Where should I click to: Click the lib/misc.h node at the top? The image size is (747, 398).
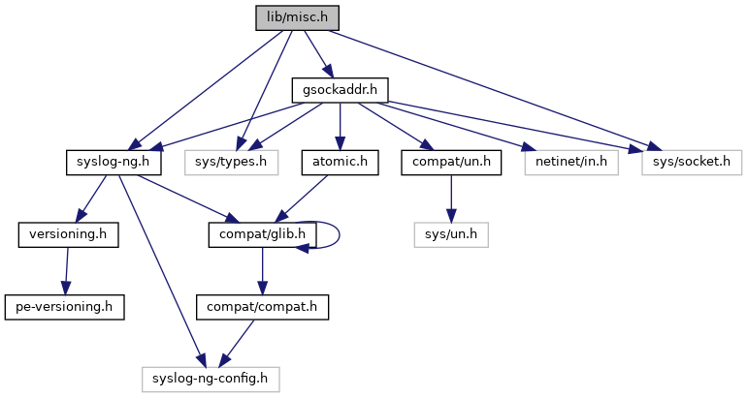[298, 17]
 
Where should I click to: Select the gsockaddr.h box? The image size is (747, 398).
[341, 91]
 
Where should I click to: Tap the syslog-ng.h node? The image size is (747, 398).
[112, 162]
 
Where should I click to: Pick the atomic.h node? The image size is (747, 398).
[340, 162]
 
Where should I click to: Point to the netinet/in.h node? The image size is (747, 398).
[571, 162]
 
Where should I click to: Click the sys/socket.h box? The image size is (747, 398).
[691, 162]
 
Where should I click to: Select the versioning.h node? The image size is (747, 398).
[68, 234]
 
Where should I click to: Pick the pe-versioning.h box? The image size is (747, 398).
[64, 306]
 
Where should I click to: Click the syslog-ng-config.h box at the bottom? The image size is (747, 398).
[210, 378]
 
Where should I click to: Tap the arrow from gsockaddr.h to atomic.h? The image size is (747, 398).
[340, 126]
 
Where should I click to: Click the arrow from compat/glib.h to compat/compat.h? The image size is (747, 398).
[259, 270]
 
